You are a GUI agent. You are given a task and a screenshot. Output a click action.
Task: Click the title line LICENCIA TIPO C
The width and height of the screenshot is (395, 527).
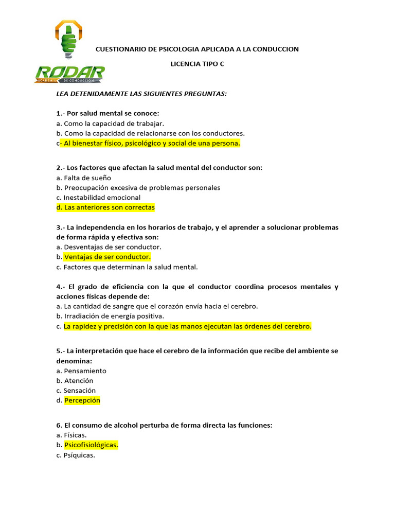pos(197,64)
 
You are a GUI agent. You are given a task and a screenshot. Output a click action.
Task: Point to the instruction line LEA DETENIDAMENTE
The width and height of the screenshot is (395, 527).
pos(141,94)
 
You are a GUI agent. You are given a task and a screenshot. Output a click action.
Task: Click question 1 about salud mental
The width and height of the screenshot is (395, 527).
pos(108,113)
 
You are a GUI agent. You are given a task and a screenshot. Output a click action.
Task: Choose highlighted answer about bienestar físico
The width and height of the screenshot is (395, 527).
pos(150,143)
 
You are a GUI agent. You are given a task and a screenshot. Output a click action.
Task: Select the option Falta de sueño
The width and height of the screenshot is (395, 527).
pos(84,178)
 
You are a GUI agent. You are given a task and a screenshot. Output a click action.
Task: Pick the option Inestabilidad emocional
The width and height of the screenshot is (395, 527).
pos(98,197)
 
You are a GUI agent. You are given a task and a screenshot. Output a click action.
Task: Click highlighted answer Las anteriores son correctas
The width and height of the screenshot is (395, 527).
pos(105,207)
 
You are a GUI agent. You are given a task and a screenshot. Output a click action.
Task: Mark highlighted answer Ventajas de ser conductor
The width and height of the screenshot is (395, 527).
pos(107,257)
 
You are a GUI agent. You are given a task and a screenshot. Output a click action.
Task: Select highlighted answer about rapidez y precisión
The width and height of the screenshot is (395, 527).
pos(188,326)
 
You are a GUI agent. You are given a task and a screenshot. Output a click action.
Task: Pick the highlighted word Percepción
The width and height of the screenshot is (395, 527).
pos(82,400)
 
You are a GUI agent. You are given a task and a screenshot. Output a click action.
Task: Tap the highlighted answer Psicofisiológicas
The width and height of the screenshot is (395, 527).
pos(91,445)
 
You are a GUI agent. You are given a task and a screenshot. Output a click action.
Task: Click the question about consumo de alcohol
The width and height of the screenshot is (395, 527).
pos(164,426)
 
